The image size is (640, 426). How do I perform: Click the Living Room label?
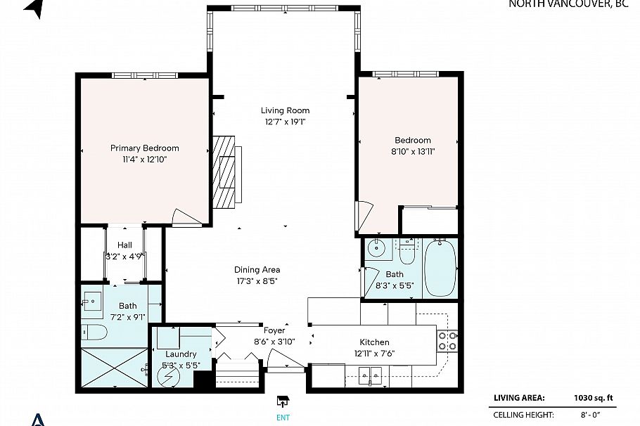coord(285,110)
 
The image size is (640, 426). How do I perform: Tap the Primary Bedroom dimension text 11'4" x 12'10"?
coord(144,159)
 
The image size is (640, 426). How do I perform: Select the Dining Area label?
coord(257,269)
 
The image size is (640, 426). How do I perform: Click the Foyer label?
coord(274,330)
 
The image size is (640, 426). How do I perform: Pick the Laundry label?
coord(181,354)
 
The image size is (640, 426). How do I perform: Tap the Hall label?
coord(125,245)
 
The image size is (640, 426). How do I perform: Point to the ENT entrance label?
coord(283,415)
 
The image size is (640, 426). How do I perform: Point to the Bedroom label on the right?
coord(413,140)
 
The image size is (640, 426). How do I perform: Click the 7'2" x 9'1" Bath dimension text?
coord(127,317)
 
